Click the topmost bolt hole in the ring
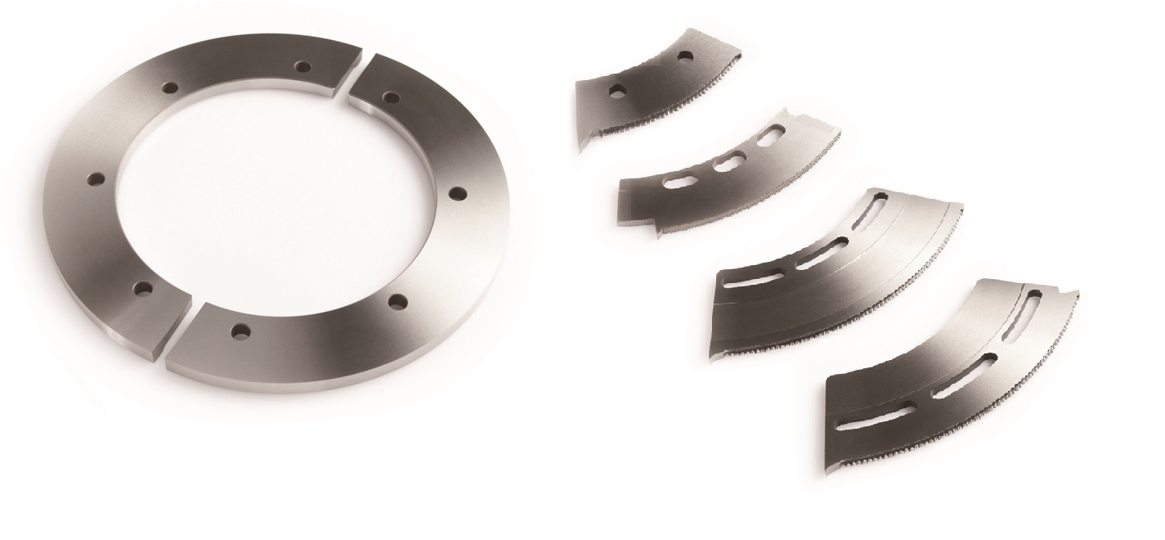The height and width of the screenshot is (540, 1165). click(x=304, y=66)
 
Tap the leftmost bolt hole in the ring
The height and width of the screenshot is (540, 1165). click(x=97, y=179)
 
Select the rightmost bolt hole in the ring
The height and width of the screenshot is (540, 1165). click(x=458, y=194)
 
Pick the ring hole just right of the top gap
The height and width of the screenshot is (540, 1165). click(x=391, y=97)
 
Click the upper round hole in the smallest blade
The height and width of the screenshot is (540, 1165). click(x=684, y=56)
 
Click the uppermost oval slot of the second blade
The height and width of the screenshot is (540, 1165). click(x=769, y=138)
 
